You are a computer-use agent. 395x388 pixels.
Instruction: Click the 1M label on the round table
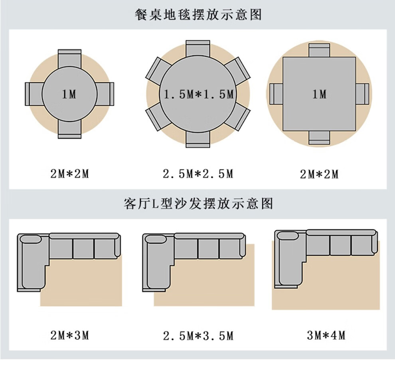coord(69,95)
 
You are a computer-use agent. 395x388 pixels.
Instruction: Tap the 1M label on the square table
coord(319,95)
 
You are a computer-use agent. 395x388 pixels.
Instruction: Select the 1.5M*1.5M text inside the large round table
coord(198,95)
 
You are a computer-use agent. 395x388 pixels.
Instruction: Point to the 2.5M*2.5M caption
coord(198,174)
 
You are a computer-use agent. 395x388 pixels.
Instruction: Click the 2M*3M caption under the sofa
coord(69,335)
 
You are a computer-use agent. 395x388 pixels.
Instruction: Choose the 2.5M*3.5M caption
coord(198,336)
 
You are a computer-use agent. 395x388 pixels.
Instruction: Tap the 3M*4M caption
coord(326,335)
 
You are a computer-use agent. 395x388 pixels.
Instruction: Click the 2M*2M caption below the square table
coord(319,174)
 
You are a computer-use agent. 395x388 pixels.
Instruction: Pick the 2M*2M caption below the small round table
coord(69,174)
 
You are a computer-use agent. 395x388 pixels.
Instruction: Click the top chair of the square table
coord(319,50)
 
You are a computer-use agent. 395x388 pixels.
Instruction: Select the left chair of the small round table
coord(34,94)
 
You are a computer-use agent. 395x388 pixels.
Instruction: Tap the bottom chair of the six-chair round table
coord(197,140)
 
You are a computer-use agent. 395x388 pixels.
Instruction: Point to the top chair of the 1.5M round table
coord(197,48)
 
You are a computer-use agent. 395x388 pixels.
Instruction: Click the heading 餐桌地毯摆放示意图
coord(198,15)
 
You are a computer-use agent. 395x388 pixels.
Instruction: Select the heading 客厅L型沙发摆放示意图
coord(198,204)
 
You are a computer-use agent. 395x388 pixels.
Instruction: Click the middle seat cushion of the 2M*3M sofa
coord(83,249)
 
